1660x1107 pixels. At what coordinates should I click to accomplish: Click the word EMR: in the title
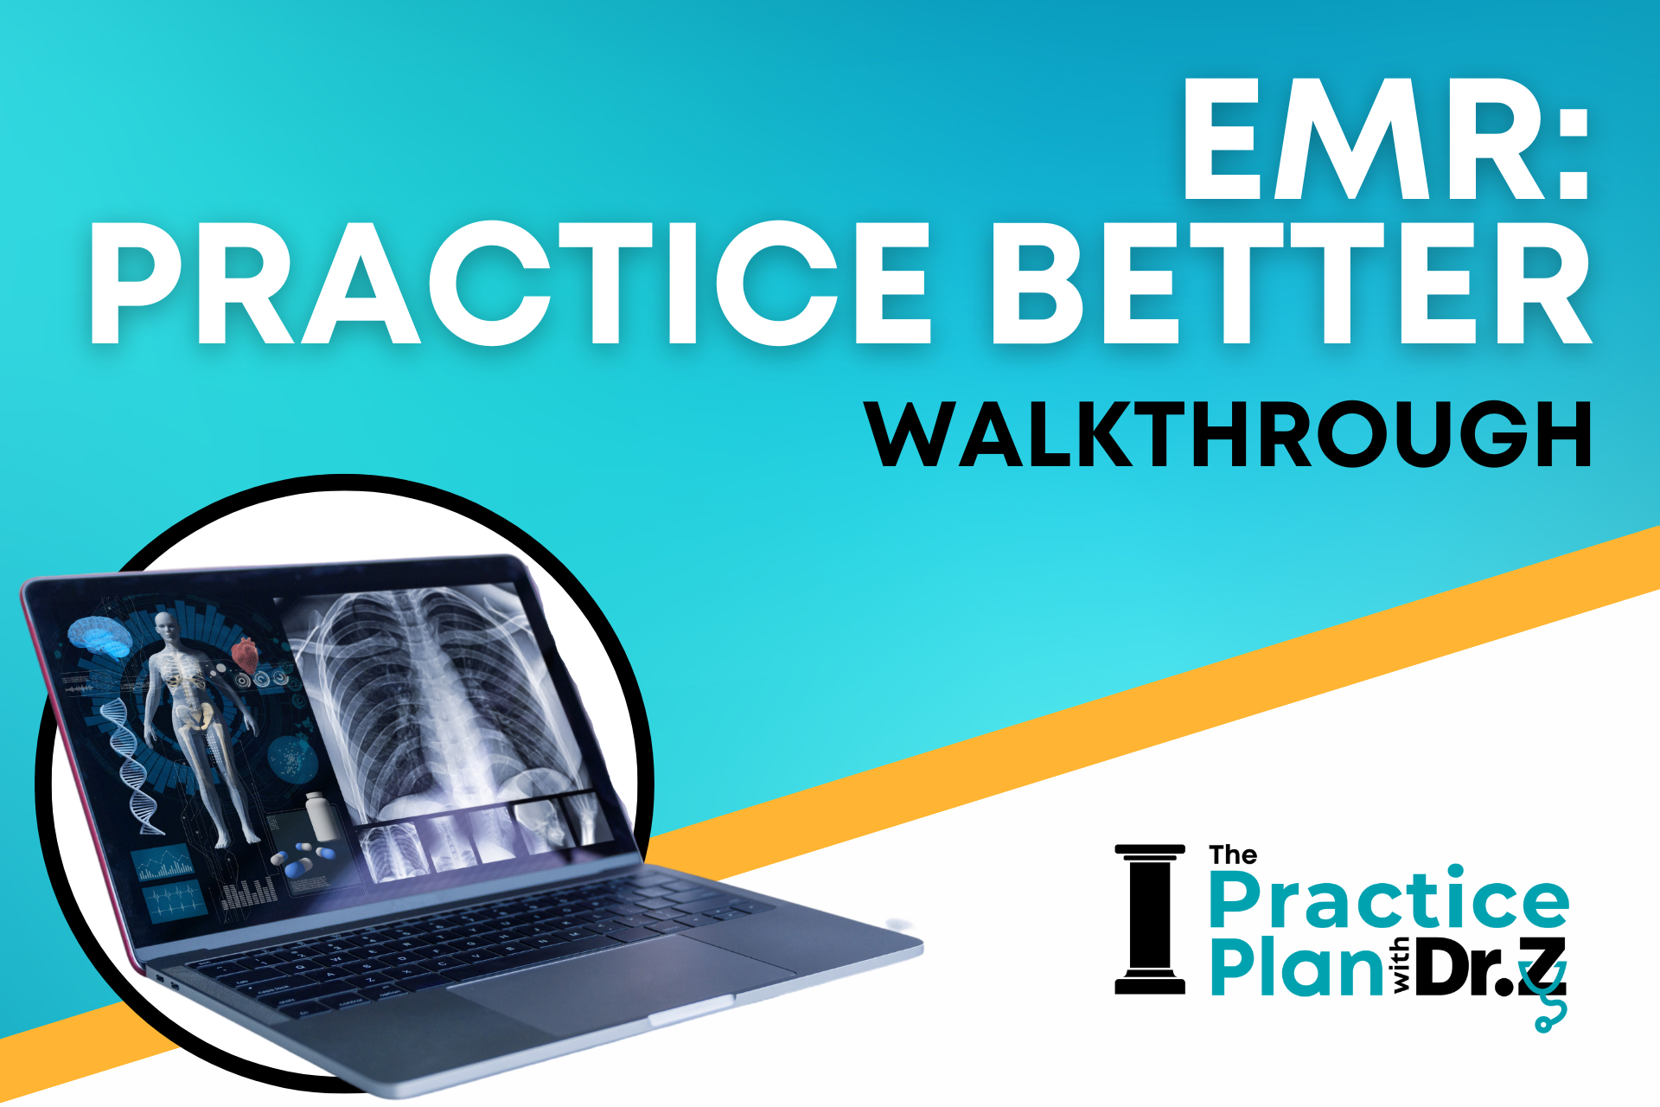click(x=1385, y=139)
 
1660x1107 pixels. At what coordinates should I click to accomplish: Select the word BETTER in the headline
click(x=1291, y=284)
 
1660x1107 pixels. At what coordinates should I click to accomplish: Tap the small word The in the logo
click(x=1233, y=855)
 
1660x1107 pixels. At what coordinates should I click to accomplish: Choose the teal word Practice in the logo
click(x=1389, y=899)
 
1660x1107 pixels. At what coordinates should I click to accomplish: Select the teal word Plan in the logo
click(x=1296, y=966)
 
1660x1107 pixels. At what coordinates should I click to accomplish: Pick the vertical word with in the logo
click(x=1400, y=966)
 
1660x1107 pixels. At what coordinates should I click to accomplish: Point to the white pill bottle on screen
click(x=318, y=815)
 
